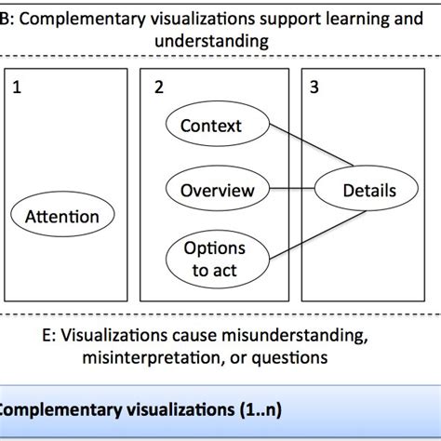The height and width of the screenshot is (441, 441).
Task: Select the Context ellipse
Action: pyautogui.click(x=210, y=125)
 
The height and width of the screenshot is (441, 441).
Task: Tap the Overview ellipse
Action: pyautogui.click(x=217, y=190)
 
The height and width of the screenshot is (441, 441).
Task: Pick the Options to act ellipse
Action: pyautogui.click(x=214, y=258)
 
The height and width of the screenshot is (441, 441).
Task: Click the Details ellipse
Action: pyautogui.click(x=368, y=191)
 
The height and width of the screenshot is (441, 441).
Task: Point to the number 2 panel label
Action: pyautogui.click(x=158, y=88)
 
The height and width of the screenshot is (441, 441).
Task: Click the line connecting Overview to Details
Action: pyautogui.click(x=292, y=190)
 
